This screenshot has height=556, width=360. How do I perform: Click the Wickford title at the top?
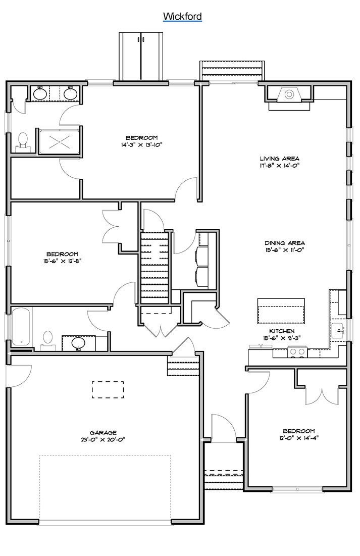point(182,17)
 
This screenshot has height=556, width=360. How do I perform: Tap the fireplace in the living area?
point(289,95)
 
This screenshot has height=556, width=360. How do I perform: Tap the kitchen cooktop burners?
point(297,352)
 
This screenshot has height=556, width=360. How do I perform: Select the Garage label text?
point(104,432)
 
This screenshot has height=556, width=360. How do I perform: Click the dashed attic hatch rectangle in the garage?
point(108,390)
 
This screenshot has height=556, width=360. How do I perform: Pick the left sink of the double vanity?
point(40,93)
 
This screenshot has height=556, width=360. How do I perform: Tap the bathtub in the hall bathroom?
point(22,326)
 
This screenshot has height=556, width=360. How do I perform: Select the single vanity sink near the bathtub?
point(79,343)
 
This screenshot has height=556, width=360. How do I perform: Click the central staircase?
point(155,268)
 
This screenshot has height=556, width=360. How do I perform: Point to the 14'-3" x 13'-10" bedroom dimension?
point(141,145)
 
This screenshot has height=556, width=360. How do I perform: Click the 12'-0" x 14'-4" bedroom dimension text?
point(297,438)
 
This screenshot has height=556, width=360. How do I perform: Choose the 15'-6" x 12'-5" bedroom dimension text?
point(62,261)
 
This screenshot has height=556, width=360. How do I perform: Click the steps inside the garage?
point(184,363)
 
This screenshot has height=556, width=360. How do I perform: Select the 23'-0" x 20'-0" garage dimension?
point(104,439)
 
